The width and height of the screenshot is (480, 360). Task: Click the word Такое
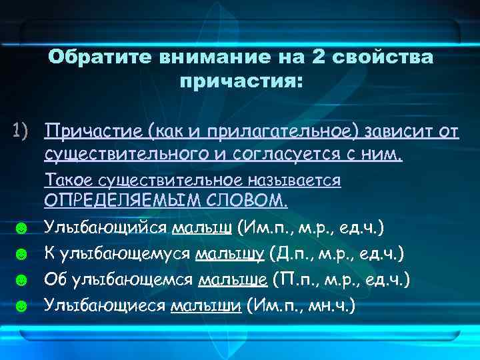[x=69, y=180]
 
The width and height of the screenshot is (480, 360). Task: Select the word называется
[x=295, y=180]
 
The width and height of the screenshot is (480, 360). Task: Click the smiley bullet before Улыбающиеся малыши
[x=21, y=306]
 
